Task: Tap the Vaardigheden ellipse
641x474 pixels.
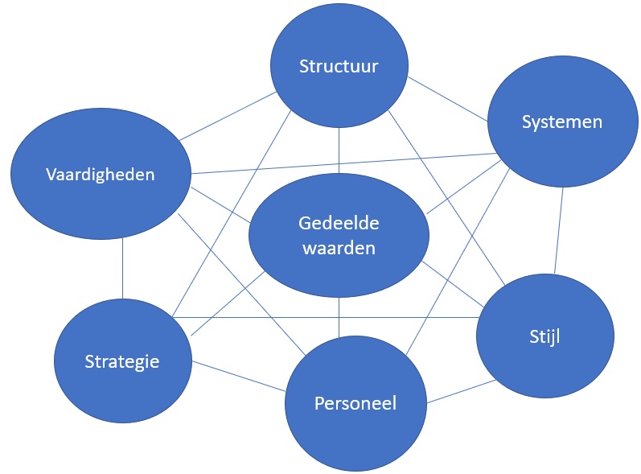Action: (101, 174)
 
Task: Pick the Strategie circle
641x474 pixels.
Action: (122, 361)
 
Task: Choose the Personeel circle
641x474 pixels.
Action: (355, 402)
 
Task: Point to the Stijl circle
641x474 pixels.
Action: (544, 336)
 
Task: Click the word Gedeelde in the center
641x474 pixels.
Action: (339, 223)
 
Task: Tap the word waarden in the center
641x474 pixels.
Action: (339, 248)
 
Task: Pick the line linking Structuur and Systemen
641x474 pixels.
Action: (447, 99)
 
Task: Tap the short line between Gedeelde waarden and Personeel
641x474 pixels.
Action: (339, 315)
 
